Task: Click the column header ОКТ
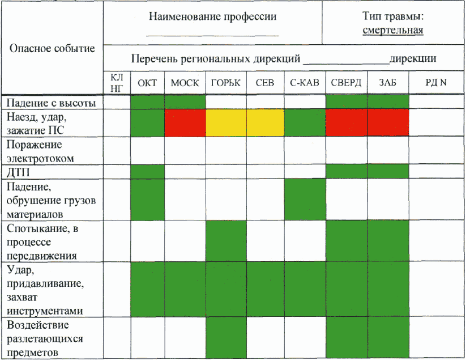click(147, 83)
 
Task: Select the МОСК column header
click(185, 83)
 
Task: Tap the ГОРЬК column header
click(225, 83)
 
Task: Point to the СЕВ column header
click(265, 83)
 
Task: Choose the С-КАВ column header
click(305, 83)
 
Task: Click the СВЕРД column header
click(346, 83)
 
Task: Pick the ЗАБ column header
click(388, 83)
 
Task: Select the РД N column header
click(436, 83)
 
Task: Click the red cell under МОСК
click(185, 123)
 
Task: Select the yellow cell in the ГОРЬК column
click(225, 123)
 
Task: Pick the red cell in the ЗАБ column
click(388, 123)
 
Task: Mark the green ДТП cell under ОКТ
click(147, 172)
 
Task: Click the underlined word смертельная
click(394, 31)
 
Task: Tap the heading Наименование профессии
click(212, 16)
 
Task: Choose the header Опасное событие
click(52, 48)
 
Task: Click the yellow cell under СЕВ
click(265, 123)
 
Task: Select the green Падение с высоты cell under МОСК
click(185, 103)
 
